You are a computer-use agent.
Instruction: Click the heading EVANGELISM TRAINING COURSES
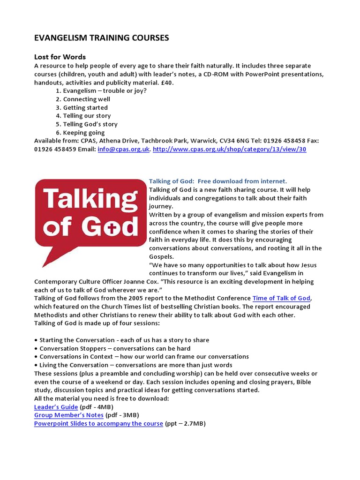(x=101, y=38)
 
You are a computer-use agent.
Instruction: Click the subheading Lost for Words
(x=60, y=57)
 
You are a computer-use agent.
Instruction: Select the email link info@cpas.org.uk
(x=123, y=149)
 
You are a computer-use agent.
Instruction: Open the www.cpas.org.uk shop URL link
(x=230, y=149)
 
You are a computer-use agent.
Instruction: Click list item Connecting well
(x=87, y=99)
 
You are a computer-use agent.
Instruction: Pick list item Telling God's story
(x=90, y=124)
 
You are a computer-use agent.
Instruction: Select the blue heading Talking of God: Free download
(x=217, y=181)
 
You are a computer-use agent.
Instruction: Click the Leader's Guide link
(x=56, y=407)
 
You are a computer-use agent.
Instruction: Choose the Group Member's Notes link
(x=69, y=415)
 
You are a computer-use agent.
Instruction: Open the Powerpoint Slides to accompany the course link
(x=98, y=424)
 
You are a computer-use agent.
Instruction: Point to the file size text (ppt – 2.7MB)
(x=185, y=424)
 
